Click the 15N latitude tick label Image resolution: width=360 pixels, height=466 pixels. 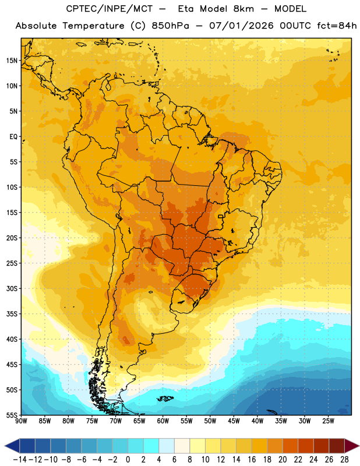(x=12, y=61)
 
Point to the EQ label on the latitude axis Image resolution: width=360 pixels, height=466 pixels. (x=13, y=137)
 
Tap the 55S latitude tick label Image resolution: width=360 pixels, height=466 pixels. (x=12, y=415)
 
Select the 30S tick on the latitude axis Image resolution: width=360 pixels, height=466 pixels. (x=12, y=288)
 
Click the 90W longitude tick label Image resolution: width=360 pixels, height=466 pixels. (x=22, y=421)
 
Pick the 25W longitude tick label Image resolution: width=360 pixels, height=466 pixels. (x=329, y=421)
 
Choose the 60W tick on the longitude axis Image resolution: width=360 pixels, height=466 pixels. (x=163, y=421)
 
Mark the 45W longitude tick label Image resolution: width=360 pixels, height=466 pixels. (x=234, y=421)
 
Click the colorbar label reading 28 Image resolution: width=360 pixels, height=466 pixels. (x=344, y=460)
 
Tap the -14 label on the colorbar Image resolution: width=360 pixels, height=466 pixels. (x=20, y=460)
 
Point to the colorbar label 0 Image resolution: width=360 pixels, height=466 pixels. (x=128, y=460)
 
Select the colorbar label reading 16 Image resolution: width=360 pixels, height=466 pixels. (x=252, y=460)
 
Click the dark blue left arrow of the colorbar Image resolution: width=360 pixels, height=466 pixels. (x=12, y=446)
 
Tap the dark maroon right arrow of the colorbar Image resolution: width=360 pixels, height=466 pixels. (x=352, y=446)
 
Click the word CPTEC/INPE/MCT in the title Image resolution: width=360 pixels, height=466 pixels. (x=110, y=9)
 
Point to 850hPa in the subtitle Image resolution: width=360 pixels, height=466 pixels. (x=170, y=26)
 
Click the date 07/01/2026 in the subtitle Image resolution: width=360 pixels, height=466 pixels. (x=241, y=26)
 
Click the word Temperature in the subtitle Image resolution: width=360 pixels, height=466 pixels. (x=93, y=26)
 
